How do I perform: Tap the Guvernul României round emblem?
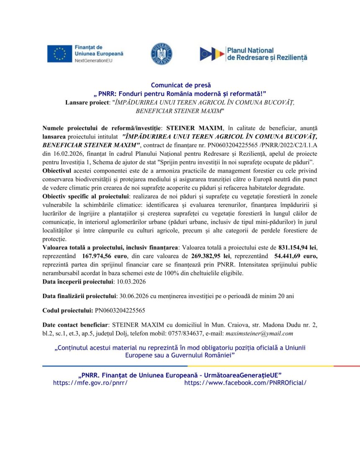(x=161, y=54)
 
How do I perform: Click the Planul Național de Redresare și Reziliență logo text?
(x=267, y=54)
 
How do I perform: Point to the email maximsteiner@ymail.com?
(x=259, y=334)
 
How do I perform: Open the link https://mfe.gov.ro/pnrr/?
(x=90, y=383)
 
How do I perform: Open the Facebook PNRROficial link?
(x=245, y=383)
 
